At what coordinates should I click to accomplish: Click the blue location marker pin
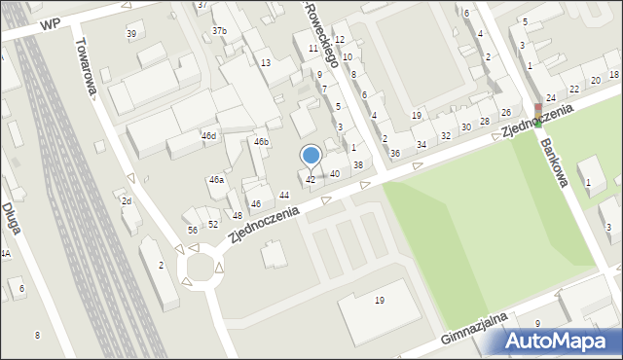pos(311,156)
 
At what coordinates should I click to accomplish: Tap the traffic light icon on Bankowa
pos(536,116)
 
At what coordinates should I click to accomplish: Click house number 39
pos(131,34)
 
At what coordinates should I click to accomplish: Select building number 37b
pos(220,31)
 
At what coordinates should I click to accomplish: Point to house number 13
pos(265,62)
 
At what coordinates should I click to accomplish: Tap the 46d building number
pos(208,136)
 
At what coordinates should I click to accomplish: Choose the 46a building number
pos(216,180)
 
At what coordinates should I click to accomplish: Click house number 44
pos(284,196)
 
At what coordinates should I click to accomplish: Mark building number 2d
pos(127,200)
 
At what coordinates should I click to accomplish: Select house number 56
pos(193,230)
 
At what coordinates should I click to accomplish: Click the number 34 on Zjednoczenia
pos(421,145)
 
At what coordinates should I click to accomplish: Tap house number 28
pos(484,121)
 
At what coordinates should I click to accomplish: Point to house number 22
pos(573,89)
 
